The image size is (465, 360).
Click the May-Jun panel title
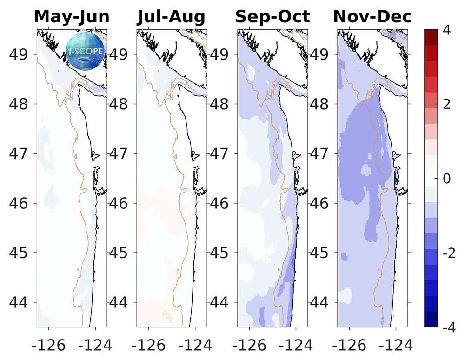point(72,17)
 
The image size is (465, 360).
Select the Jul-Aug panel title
point(172,17)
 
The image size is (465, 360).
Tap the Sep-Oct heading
point(272,17)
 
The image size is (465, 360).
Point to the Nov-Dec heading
point(372,17)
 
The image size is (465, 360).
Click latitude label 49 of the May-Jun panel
point(19,54)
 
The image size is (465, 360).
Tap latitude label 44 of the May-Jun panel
point(19,303)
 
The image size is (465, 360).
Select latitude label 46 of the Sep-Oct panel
point(219,203)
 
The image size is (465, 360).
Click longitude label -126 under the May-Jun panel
point(46,345)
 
